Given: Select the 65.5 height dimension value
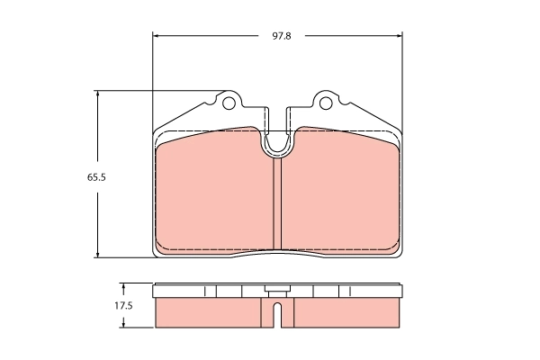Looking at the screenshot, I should pos(97,177).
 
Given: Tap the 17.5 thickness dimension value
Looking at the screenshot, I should pos(123,306).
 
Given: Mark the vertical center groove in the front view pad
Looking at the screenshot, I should pos(277,202).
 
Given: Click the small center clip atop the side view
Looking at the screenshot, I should pos(277,289).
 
